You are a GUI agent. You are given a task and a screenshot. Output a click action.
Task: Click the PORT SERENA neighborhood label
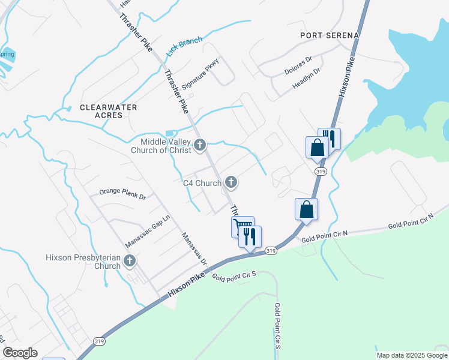click(x=330, y=35)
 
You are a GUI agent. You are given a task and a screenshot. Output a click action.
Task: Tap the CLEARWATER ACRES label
click(x=109, y=111)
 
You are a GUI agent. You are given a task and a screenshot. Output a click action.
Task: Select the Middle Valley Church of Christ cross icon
click(x=200, y=145)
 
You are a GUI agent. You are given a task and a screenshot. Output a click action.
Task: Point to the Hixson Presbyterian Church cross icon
click(x=129, y=261)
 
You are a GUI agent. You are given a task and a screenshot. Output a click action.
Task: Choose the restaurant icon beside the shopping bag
click(x=330, y=137)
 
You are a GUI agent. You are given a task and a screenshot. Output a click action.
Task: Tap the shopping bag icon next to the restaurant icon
click(x=316, y=147)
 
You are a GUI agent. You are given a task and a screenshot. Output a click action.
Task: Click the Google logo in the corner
click(x=20, y=353)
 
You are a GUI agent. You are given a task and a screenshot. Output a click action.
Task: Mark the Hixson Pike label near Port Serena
click(x=348, y=75)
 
